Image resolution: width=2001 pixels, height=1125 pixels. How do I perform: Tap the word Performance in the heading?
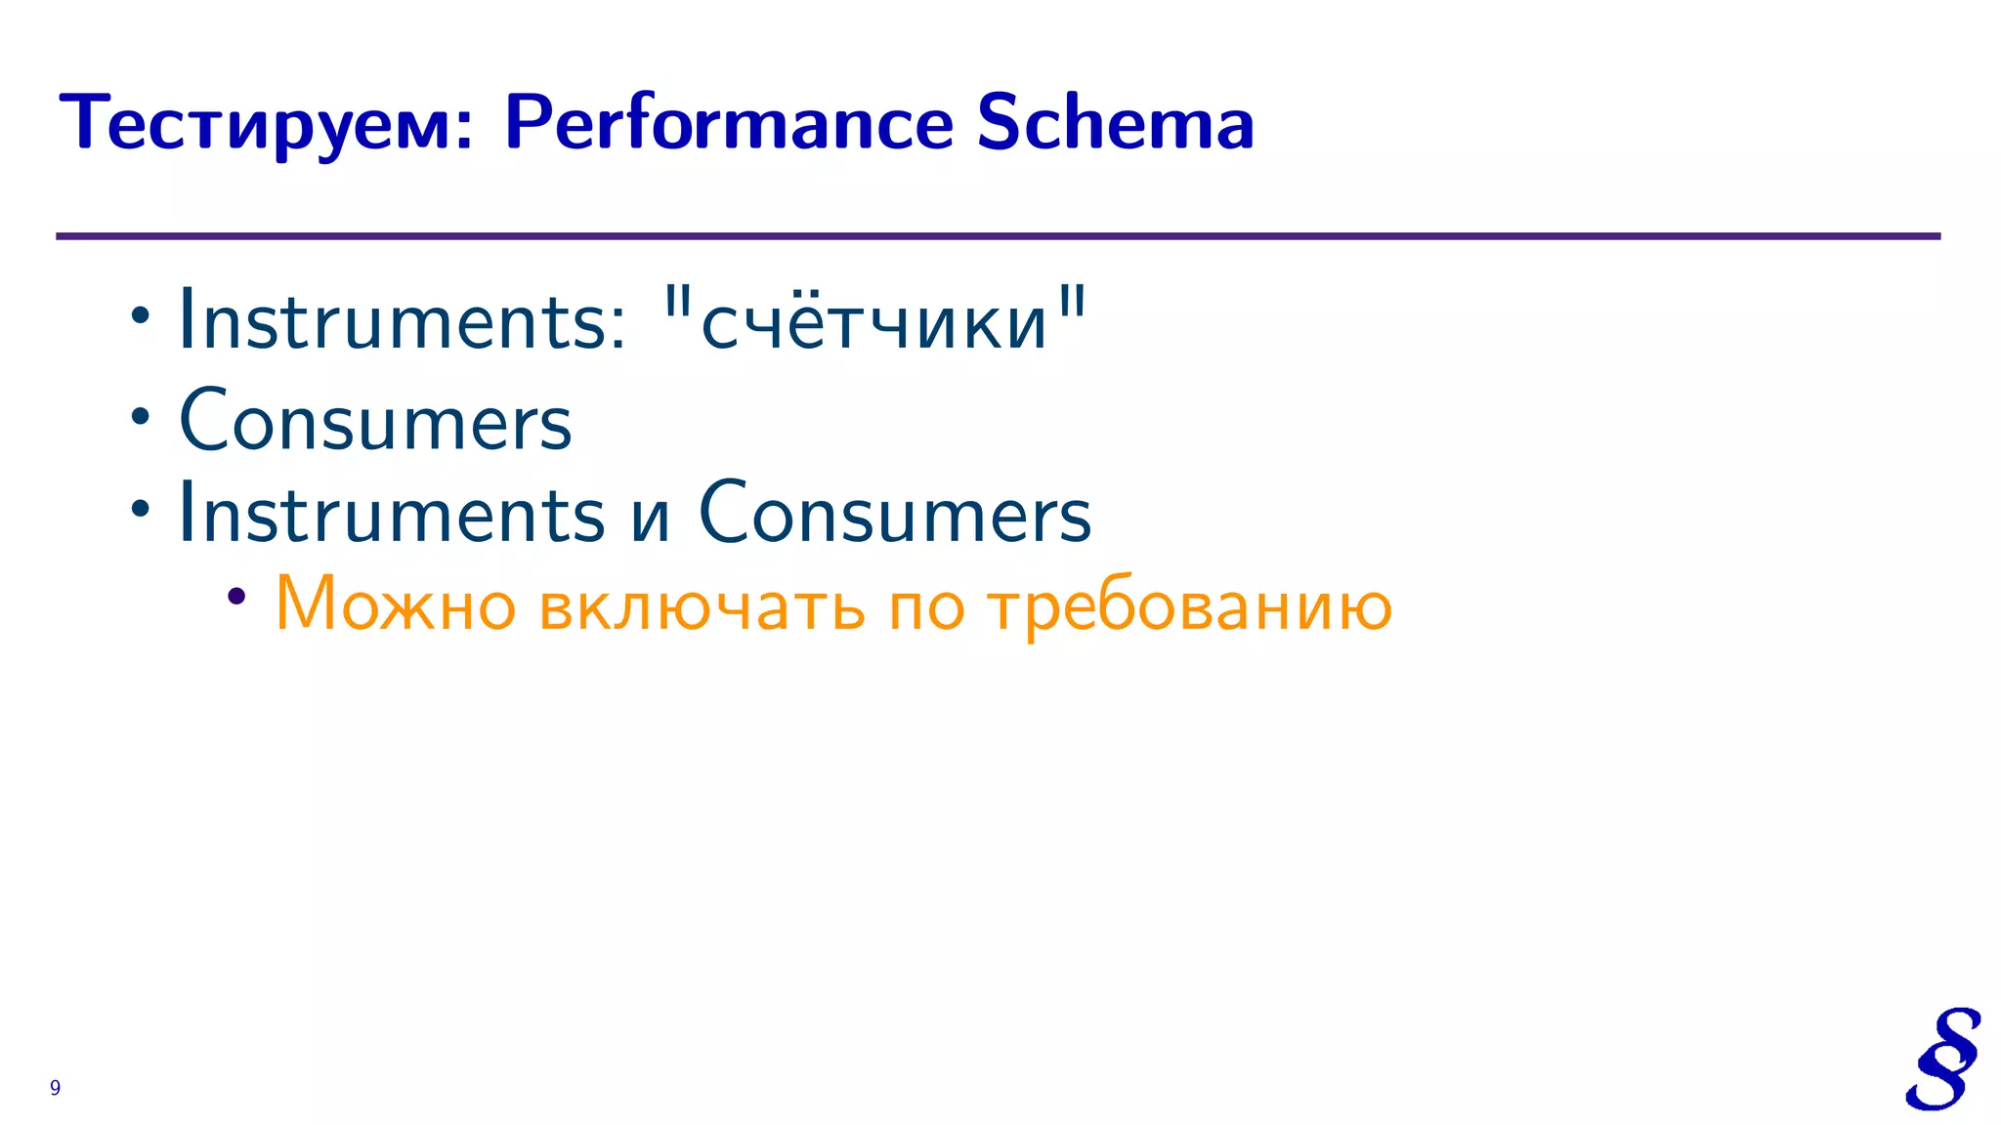pos(729,125)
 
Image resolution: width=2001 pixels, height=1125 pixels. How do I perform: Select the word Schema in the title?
pos(1115,123)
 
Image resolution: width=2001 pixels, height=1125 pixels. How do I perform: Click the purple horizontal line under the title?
pos(997,236)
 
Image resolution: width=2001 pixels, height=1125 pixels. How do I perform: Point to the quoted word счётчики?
pos(874,322)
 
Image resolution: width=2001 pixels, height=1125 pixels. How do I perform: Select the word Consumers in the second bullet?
pos(376,422)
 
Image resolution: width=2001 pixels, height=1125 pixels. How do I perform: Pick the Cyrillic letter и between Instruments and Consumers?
pos(651,519)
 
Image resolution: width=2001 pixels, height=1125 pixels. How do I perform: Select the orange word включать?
pos(702,605)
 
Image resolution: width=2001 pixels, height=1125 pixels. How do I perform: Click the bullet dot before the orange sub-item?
pos(235,595)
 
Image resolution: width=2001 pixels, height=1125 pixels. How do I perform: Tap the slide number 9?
pos(55,1088)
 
